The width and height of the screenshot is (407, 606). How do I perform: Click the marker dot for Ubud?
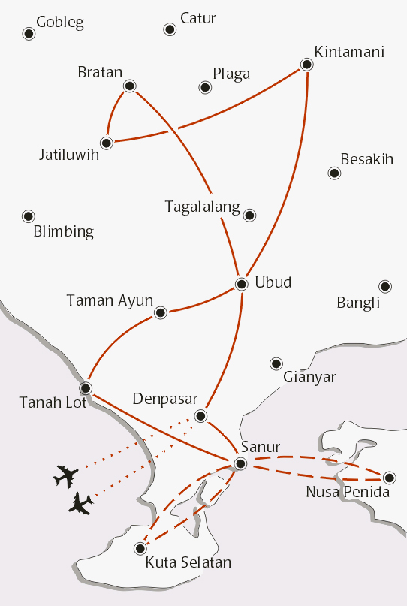pos(241,284)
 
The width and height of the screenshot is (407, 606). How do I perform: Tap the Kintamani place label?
pos(349,52)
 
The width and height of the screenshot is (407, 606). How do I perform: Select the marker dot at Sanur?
pos(240,464)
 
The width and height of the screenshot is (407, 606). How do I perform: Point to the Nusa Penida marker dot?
pos(388,477)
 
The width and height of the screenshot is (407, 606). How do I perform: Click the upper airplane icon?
pos(66,475)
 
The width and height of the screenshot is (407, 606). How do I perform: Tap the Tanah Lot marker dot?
pos(86,388)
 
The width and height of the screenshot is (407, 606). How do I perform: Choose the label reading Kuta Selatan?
pos(188,562)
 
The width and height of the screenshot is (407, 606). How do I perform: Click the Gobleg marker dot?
pos(29,34)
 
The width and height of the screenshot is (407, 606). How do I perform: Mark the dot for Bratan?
pos(129,86)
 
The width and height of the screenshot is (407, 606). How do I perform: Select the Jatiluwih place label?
pos(69,155)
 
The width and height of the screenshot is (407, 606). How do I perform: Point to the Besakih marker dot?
pos(334,173)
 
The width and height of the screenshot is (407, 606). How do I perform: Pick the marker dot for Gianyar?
pos(276,363)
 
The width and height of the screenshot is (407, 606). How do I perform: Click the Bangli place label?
pos(358,303)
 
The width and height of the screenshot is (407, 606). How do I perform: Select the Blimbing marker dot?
pos(29,216)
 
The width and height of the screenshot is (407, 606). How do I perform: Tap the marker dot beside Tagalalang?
pos(250,216)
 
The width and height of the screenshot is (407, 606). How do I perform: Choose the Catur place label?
pos(197,17)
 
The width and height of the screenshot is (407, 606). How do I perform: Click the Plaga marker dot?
pos(205,88)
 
